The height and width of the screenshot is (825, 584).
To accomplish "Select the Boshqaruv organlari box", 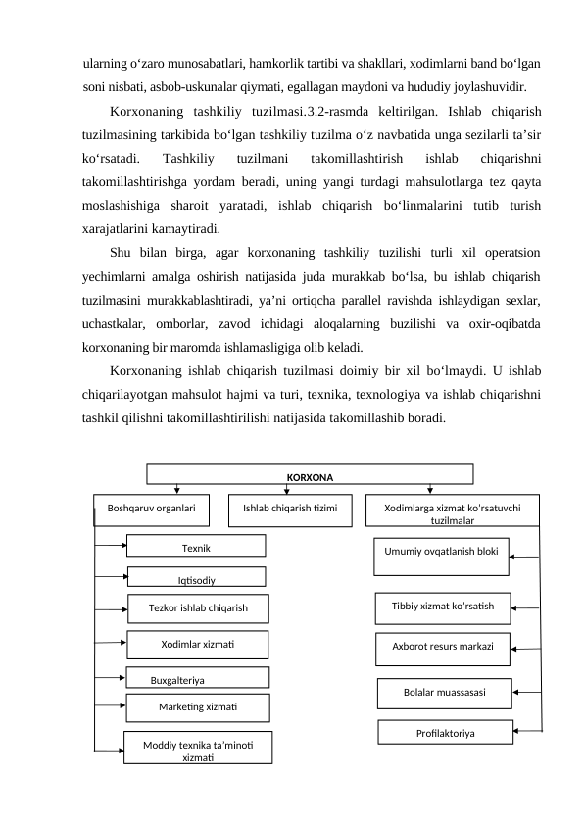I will pyautogui.click(x=152, y=509).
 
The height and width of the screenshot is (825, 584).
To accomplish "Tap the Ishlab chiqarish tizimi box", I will pyautogui.click(x=289, y=509).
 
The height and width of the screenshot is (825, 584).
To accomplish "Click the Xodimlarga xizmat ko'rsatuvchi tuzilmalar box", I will pyautogui.click(x=452, y=511).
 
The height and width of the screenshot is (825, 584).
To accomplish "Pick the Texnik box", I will pyautogui.click(x=196, y=546).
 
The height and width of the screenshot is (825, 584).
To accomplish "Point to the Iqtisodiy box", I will pyautogui.click(x=196, y=578).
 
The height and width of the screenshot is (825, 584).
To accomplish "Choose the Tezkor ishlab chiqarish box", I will pyautogui.click(x=198, y=608).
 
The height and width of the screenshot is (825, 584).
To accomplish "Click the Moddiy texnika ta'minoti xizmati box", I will pyautogui.click(x=197, y=747).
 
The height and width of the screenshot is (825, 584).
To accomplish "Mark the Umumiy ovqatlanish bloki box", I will pyautogui.click(x=441, y=555).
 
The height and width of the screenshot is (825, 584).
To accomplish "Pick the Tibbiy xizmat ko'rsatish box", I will pyautogui.click(x=444, y=607).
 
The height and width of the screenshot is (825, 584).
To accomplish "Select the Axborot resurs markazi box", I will pyautogui.click(x=444, y=648).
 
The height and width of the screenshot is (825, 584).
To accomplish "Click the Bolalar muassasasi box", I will pyautogui.click(x=444, y=692).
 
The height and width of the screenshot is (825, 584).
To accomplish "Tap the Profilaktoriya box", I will pyautogui.click(x=446, y=732).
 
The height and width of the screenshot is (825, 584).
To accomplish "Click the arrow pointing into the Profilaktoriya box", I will pyautogui.click(x=526, y=732).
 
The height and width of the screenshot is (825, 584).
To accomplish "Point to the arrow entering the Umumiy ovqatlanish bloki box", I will pyautogui.click(x=524, y=557).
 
